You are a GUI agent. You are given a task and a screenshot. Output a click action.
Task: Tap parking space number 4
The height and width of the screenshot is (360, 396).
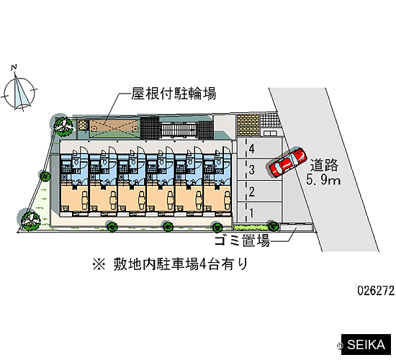259,148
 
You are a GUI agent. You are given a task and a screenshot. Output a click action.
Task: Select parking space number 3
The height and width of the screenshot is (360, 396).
259,170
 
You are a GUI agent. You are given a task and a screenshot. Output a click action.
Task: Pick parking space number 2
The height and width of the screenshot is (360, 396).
259,192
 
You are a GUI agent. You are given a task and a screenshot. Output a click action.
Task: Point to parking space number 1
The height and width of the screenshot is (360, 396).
259,212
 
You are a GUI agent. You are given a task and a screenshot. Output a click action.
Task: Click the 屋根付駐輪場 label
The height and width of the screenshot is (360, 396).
174,94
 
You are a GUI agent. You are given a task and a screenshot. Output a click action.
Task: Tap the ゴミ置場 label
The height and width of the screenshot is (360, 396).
242,240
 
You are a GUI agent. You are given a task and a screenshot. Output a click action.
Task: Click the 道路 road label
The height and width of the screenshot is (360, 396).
324,166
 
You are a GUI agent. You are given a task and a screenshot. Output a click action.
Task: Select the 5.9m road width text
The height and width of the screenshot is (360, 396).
323,180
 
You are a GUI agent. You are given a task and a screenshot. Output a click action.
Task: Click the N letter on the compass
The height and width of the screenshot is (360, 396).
14,67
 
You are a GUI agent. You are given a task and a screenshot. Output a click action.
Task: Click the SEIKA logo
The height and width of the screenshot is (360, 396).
366,345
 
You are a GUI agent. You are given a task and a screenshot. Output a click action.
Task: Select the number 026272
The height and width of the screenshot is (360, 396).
376,291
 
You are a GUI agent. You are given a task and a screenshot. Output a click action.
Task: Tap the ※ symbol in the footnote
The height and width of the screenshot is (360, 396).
99,265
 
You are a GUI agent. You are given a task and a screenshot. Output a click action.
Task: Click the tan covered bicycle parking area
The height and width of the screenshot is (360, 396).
114,128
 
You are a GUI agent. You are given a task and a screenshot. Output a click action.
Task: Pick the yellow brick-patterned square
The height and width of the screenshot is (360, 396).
248,125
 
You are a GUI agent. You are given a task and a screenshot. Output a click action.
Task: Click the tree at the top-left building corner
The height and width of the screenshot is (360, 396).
63,125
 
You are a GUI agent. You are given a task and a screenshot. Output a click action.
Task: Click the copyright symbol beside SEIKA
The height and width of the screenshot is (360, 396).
339,346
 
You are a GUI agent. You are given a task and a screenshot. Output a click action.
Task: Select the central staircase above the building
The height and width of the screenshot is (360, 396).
178,129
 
